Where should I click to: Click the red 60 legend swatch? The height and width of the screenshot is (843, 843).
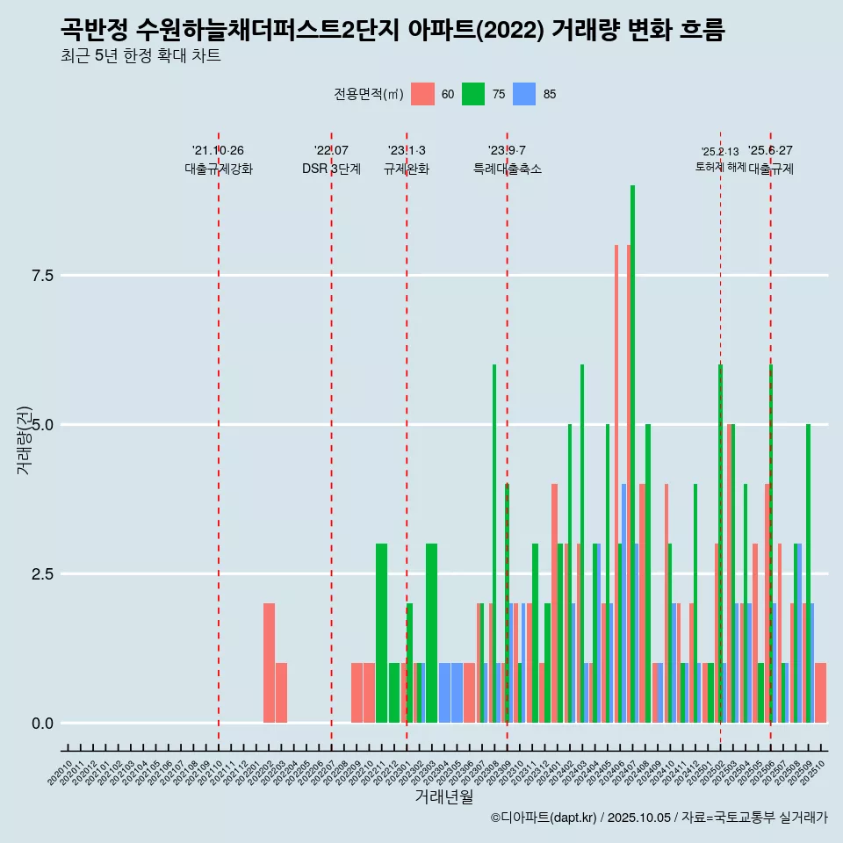pos(422,94)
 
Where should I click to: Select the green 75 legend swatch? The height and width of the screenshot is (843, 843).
pos(473,94)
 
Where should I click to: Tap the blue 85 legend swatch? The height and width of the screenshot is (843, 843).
pos(524,94)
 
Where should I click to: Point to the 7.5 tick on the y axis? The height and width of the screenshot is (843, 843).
pos(43,276)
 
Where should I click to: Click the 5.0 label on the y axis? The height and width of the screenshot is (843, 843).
pos(43,425)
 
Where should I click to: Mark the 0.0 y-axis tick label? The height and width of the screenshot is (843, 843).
pos(43,724)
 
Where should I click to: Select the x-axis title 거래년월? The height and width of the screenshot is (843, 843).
pos(443,796)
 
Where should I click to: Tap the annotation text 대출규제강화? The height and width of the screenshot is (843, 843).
pos(219,169)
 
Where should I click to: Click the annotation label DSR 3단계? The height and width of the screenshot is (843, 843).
pos(331,169)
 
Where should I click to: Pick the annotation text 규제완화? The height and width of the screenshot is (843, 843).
pos(407,169)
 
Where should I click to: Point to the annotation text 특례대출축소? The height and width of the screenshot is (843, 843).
pos(508,169)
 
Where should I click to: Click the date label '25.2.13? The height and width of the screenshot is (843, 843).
pos(720,151)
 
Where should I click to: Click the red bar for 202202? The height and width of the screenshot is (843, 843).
pos(269,663)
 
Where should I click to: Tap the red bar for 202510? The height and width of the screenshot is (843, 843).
pos(820,693)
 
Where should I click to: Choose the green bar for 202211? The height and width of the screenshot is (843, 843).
pos(381,633)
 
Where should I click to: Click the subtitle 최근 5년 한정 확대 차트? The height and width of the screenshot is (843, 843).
pos(140,56)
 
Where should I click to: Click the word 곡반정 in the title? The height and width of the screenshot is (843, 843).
pos(95,31)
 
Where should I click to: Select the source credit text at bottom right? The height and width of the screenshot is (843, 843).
pos(659,818)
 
